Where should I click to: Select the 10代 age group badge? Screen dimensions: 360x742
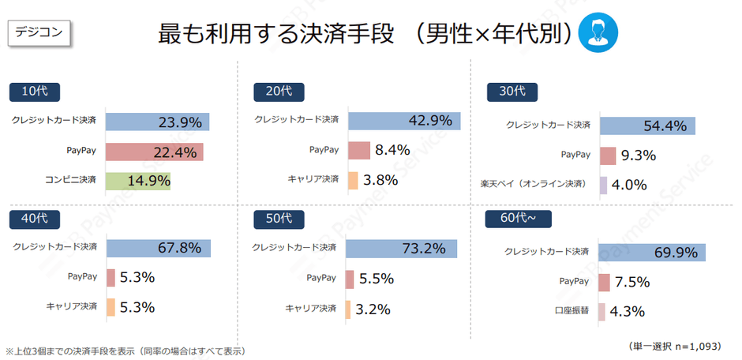(35, 92)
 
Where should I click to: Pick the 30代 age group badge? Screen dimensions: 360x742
(507, 92)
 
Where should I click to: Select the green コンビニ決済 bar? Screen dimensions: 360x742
(139, 181)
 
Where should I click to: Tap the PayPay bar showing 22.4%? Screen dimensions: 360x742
(155, 152)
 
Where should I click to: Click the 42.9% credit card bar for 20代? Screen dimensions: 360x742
(403, 121)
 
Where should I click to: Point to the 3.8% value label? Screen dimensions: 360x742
(381, 180)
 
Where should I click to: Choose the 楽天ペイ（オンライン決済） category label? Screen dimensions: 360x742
(535, 185)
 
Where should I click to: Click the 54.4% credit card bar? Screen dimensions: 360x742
(647, 126)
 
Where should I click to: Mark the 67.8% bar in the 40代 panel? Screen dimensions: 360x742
(159, 248)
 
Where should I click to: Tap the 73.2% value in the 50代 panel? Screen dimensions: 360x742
(425, 248)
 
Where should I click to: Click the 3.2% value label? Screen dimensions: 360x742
(373, 309)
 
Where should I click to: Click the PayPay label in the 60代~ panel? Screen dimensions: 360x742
(574, 281)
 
